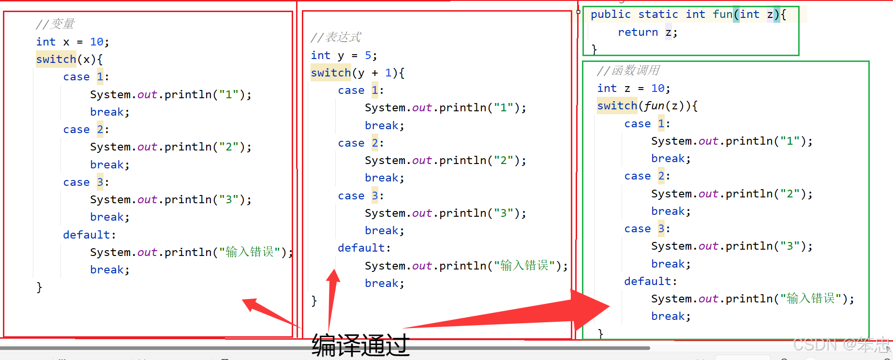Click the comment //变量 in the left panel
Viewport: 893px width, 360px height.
coord(55,24)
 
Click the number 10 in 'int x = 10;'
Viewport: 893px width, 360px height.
coord(96,42)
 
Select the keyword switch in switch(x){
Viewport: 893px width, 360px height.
coord(56,60)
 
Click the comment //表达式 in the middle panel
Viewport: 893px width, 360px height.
coord(336,37)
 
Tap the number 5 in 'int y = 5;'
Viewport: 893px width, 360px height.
coord(368,56)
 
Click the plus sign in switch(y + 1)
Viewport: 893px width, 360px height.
coord(375,73)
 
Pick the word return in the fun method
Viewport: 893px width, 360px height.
coord(638,32)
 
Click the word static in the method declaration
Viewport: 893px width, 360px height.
coord(658,15)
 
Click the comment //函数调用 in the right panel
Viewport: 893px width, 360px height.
coord(628,71)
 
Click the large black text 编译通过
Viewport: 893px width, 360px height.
coord(360,345)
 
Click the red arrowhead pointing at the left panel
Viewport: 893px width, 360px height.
coord(252,305)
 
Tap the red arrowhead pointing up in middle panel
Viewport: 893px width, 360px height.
coord(333,278)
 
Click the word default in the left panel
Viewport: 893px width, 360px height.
coord(87,235)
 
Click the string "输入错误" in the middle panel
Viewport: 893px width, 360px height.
coord(524,266)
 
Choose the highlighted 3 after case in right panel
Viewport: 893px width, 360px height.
coord(661,229)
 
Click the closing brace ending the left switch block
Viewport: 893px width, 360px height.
coord(39,287)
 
